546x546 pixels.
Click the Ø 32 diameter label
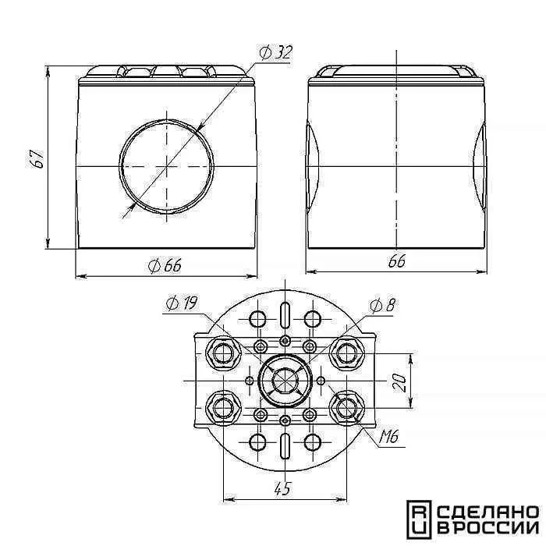[275, 53]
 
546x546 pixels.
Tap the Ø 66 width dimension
[165, 267]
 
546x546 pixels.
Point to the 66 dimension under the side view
[397, 261]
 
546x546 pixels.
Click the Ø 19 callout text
[182, 304]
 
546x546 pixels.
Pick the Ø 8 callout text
[382, 306]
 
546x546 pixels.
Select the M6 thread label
[389, 437]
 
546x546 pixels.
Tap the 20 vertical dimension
[399, 383]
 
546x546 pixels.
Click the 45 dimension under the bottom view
[282, 489]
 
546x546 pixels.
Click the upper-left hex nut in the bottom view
[223, 354]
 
